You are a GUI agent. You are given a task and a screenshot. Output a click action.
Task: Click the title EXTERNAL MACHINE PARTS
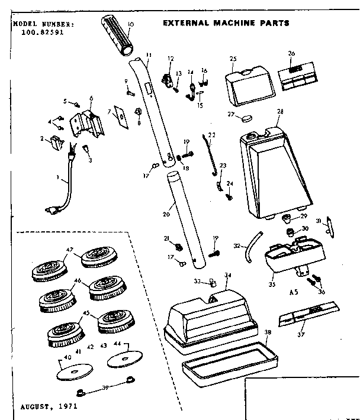[226, 23]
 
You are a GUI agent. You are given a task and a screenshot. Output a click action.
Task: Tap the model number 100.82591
[38, 34]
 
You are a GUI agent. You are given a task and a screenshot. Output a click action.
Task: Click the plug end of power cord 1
[52, 208]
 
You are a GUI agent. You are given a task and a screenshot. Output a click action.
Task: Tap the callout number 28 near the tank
[280, 111]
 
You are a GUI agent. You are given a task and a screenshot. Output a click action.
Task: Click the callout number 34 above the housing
[228, 275]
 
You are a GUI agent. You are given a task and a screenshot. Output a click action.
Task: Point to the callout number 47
[70, 251]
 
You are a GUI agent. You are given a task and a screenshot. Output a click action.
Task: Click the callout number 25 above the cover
[233, 59]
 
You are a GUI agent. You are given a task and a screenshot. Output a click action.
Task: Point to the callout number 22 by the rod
[212, 135]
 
